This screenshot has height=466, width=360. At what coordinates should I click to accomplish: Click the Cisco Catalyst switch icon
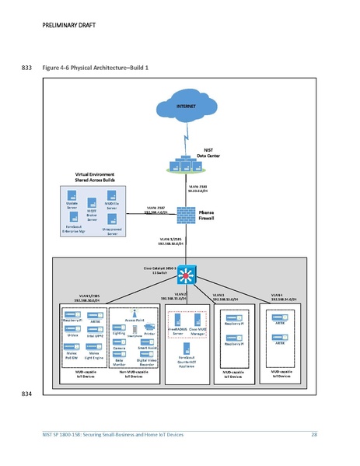coord(185,275)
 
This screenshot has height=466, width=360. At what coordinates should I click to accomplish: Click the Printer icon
coord(149,327)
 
